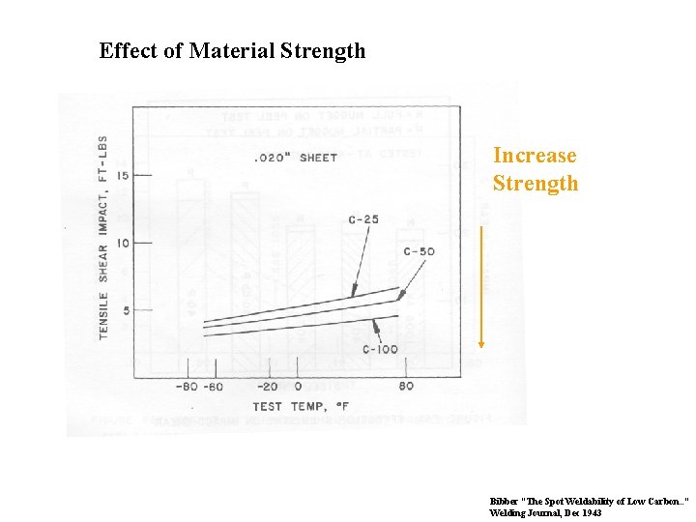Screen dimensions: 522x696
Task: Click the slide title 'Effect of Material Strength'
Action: (x=232, y=50)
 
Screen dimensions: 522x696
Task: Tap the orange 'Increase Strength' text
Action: (x=535, y=169)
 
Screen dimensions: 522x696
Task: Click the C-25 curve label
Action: (x=363, y=219)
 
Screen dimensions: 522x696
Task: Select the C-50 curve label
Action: (x=418, y=251)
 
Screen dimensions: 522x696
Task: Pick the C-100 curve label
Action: (x=380, y=349)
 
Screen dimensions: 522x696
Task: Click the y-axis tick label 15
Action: (x=123, y=175)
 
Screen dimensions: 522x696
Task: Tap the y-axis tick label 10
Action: (x=123, y=243)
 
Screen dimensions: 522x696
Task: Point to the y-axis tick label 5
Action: (x=124, y=310)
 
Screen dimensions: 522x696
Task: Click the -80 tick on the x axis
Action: (x=185, y=387)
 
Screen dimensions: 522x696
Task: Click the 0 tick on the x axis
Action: (x=298, y=387)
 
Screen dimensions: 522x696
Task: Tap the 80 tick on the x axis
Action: (x=406, y=387)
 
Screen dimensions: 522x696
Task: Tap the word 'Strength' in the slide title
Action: (x=322, y=50)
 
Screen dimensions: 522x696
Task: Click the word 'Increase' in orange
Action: (x=535, y=156)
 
